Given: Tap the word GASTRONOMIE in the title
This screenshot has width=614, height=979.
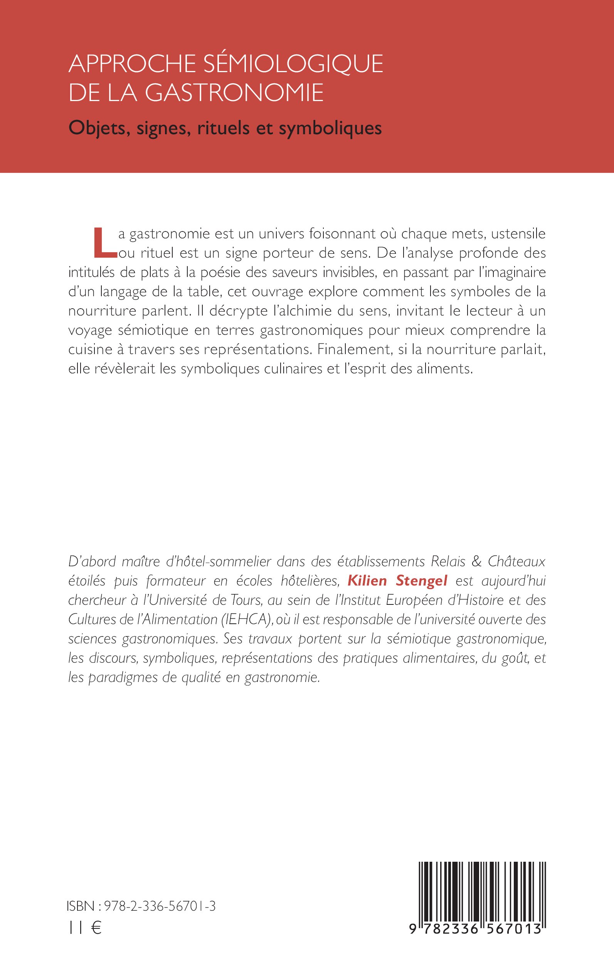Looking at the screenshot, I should pyautogui.click(x=234, y=93).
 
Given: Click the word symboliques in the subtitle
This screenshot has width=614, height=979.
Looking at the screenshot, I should pyautogui.click(x=330, y=128).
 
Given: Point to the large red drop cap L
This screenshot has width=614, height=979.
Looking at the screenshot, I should pyautogui.click(x=104, y=243).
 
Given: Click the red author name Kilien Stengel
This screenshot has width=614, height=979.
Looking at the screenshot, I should pyautogui.click(x=397, y=581).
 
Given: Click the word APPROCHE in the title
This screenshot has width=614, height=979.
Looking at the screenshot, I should pyautogui.click(x=132, y=64).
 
